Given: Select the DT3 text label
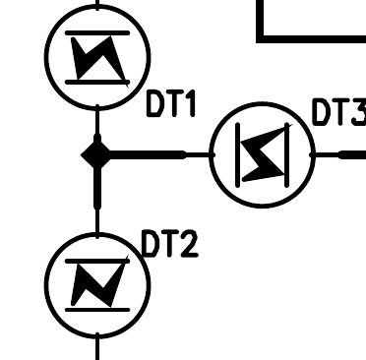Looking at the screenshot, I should pyautogui.click(x=337, y=113).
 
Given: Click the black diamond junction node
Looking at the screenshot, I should pyautogui.click(x=96, y=154).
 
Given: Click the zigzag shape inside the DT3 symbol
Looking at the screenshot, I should pyautogui.click(x=262, y=154).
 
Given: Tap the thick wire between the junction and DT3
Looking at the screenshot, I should pyautogui.click(x=148, y=154).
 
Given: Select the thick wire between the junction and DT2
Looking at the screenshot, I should pyautogui.click(x=96, y=192).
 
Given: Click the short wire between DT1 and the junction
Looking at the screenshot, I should pyautogui.click(x=96, y=123).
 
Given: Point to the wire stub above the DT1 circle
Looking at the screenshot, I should pyautogui.click(x=97, y=3).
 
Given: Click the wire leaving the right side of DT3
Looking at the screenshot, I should pyautogui.click(x=339, y=154).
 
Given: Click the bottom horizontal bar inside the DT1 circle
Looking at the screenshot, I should pyautogui.click(x=97, y=81).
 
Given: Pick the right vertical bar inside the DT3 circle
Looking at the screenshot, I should pyautogui.click(x=286, y=154).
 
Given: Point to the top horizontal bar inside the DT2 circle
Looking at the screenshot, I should pyautogui.click(x=97, y=258).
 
